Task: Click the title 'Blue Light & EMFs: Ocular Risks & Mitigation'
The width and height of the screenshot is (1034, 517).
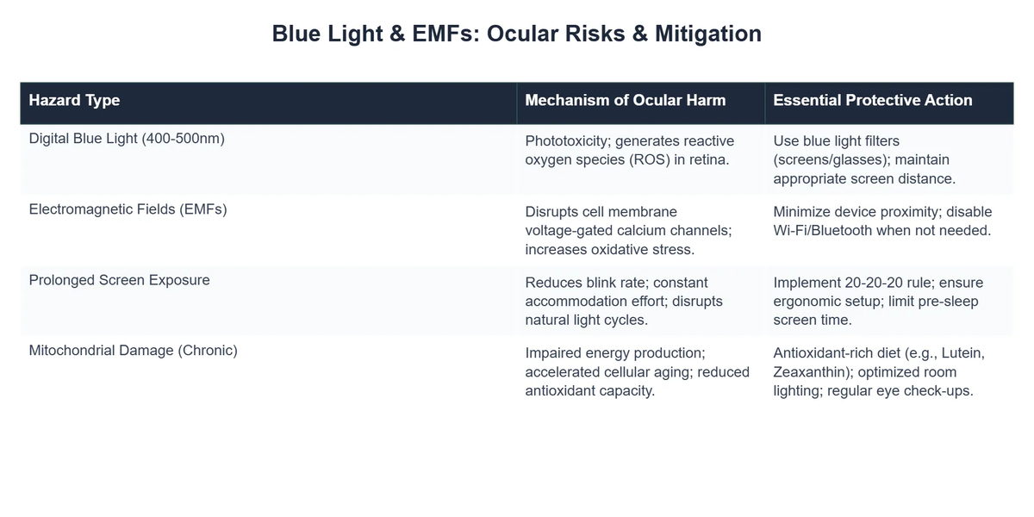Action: [x=516, y=34]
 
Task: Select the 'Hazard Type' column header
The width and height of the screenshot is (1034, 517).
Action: [x=74, y=101]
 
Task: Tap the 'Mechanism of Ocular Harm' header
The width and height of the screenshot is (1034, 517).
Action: [x=625, y=101]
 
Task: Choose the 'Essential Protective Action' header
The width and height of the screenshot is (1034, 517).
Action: [x=872, y=101]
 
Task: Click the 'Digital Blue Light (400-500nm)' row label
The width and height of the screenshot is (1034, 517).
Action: [x=127, y=138]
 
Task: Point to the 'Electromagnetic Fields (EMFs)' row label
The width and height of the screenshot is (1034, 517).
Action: [x=128, y=209]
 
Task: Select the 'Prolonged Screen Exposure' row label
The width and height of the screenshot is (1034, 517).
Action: [x=119, y=280]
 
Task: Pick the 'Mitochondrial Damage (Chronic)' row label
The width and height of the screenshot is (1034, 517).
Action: [x=133, y=351]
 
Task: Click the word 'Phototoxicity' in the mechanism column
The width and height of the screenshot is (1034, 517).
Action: [x=566, y=140]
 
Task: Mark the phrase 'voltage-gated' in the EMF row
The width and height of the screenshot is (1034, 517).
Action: [x=568, y=230]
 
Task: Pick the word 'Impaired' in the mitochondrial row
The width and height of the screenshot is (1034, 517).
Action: [x=553, y=353]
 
